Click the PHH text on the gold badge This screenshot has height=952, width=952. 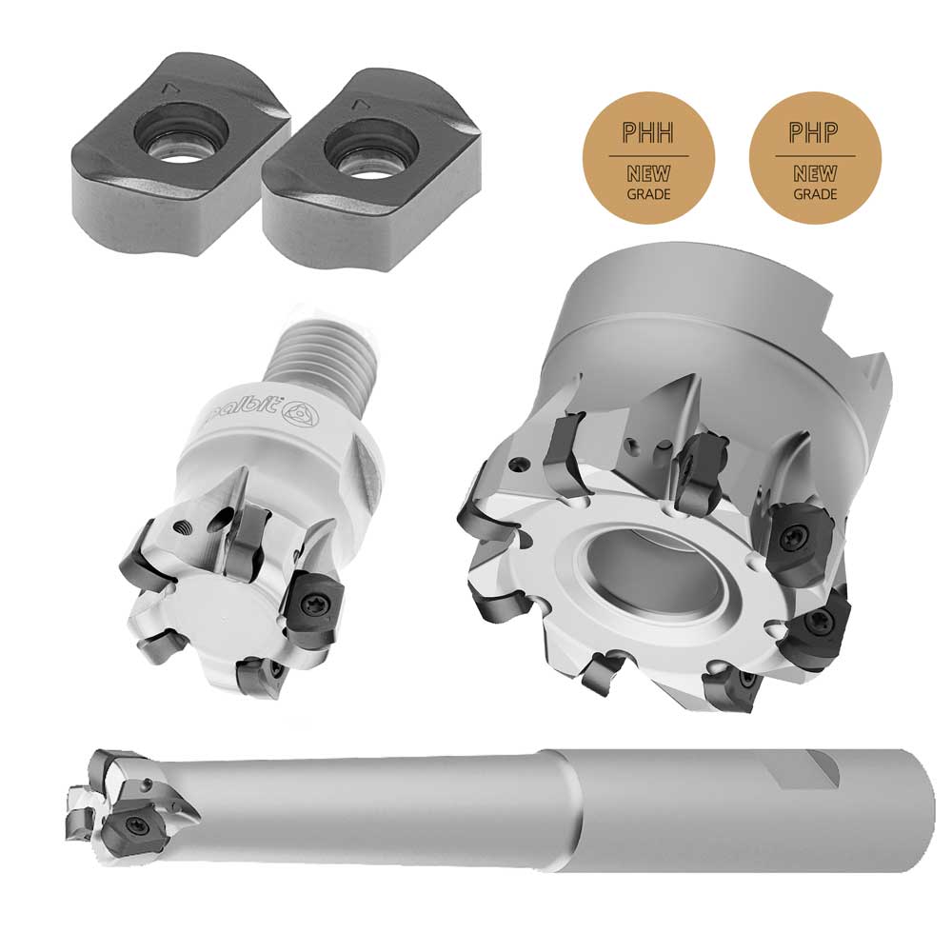(x=648, y=133)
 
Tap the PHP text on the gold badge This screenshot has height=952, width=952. (x=814, y=132)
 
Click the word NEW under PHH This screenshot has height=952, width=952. (x=648, y=174)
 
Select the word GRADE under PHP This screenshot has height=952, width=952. (x=815, y=194)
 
